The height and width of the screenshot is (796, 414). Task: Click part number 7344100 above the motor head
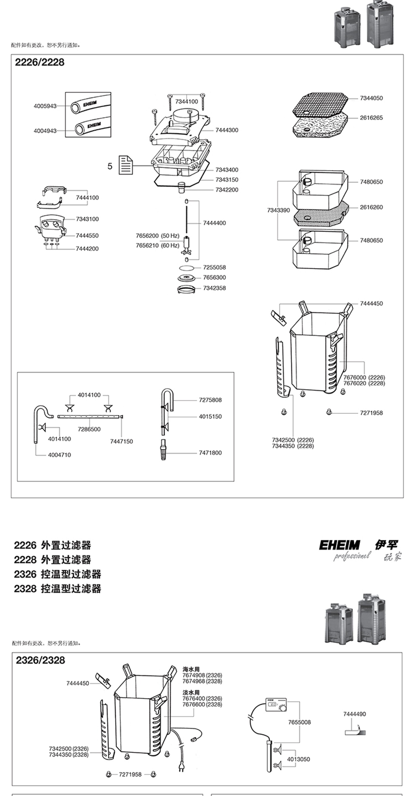point(187,101)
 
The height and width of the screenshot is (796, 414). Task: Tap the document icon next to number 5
point(126,165)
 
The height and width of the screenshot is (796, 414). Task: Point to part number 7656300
point(214,278)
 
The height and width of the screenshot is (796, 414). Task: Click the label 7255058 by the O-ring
point(214,267)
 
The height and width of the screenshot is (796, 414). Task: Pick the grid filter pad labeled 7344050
point(320,105)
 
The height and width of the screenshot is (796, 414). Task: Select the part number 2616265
point(371,118)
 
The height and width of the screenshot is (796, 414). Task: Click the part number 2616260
point(371,207)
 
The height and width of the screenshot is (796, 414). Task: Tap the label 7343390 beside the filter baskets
point(278,210)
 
